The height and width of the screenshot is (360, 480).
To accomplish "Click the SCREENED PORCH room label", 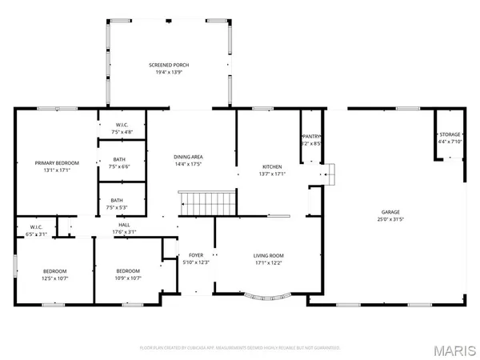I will click(168, 64).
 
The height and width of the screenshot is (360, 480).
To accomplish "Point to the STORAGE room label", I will click(450, 134).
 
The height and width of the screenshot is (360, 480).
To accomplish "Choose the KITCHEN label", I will click(273, 166).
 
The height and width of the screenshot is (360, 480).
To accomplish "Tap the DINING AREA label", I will click(190, 156).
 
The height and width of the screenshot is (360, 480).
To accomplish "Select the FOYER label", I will click(195, 255).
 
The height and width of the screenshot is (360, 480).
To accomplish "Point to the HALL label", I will click(125, 226).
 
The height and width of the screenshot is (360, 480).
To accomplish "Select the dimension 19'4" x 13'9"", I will click(168, 72).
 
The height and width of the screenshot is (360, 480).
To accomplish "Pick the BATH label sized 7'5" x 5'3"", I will click(117, 200).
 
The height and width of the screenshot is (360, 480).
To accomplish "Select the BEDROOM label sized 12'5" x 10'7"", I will click(54, 270).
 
